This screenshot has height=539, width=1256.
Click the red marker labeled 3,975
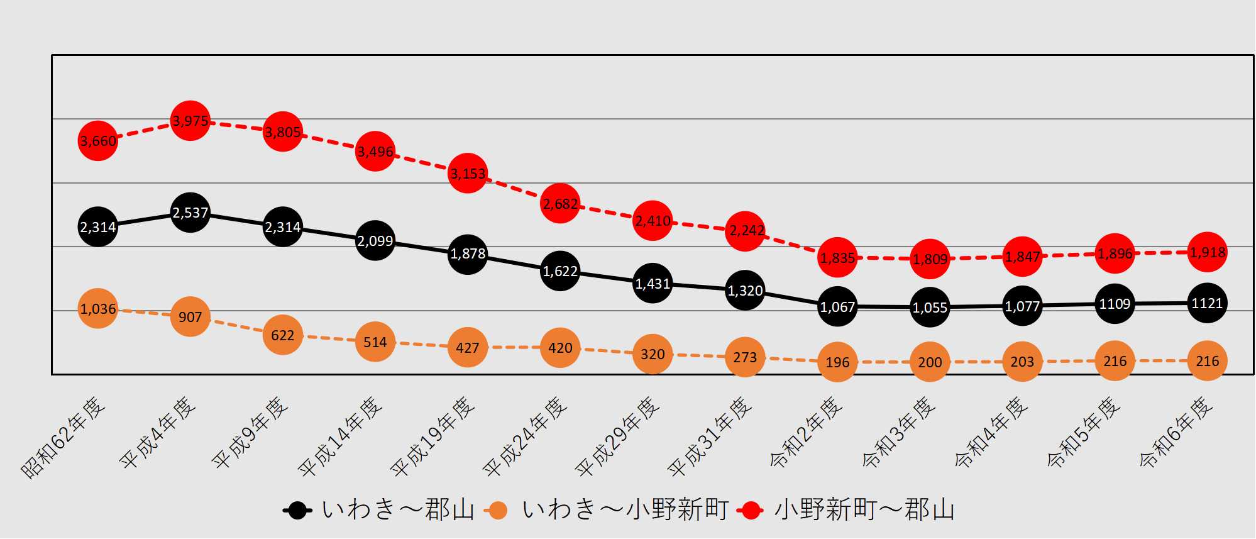click(190, 120)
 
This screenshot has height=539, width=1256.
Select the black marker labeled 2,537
click(190, 213)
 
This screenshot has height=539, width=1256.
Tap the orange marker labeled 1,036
click(97, 309)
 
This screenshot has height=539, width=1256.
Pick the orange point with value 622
click(282, 335)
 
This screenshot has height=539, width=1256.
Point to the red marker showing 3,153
click(467, 173)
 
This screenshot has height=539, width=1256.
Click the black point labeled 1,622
click(559, 270)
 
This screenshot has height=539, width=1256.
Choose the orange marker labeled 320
click(652, 354)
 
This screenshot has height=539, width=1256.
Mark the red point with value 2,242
click(745, 231)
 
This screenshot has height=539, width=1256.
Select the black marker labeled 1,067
click(837, 306)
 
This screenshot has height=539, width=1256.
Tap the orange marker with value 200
click(930, 362)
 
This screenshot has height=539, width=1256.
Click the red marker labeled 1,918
click(1207, 252)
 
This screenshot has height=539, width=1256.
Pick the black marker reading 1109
click(1115, 304)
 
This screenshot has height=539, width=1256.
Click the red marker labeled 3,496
click(375, 151)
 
